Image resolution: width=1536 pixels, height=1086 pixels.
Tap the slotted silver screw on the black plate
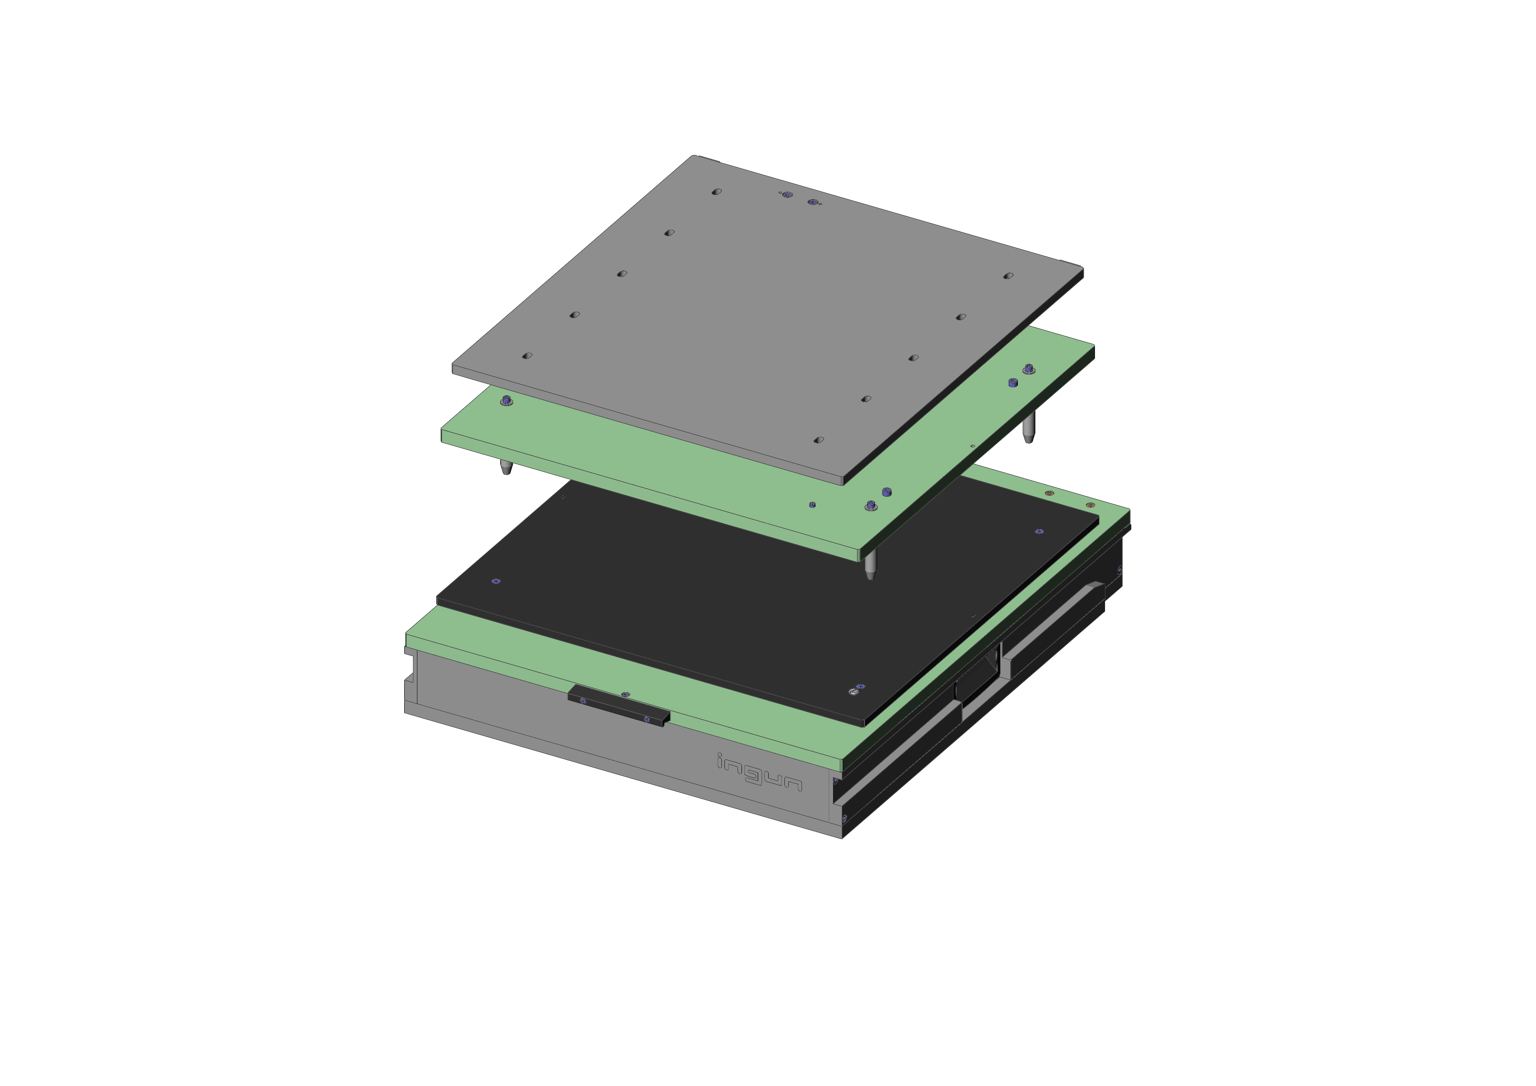(853, 691)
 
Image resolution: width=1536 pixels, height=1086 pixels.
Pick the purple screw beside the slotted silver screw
(861, 687)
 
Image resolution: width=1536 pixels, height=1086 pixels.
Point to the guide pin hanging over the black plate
(870, 565)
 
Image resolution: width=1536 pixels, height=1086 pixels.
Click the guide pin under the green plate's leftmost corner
(506, 467)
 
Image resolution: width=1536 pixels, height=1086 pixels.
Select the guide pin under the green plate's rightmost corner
(1029, 427)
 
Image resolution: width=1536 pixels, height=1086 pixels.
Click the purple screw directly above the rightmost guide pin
(1029, 368)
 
